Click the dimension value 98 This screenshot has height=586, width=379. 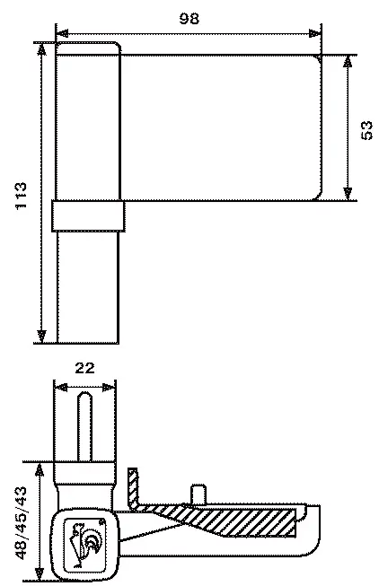click(x=189, y=18)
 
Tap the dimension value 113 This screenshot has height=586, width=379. click(x=21, y=196)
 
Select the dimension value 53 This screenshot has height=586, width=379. click(x=366, y=130)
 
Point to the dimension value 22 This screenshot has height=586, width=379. click(x=85, y=368)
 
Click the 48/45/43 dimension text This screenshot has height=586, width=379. click(x=22, y=523)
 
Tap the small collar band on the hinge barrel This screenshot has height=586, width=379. click(x=88, y=216)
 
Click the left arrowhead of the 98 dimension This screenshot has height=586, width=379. click(x=62, y=33)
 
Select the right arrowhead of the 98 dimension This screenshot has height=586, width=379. click(x=315, y=33)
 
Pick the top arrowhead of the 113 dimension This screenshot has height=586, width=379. click(x=41, y=49)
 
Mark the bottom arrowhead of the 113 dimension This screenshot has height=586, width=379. click(x=41, y=337)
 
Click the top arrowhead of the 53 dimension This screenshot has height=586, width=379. click(x=348, y=62)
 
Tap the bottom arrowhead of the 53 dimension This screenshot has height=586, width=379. click(x=348, y=194)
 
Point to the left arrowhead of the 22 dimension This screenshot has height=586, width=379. click(x=60, y=388)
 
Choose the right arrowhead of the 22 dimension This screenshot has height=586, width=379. click(x=109, y=388)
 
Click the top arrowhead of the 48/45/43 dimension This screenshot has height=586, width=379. click(x=39, y=469)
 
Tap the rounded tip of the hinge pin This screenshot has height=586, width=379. click(x=85, y=395)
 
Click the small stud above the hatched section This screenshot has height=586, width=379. click(x=199, y=494)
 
